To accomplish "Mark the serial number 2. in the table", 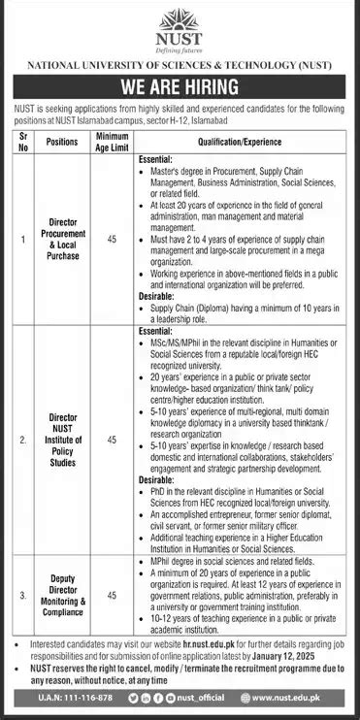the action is tap(22, 440).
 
